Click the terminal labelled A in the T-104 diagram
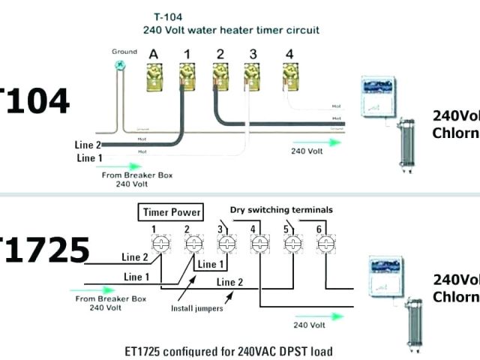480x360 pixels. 154,75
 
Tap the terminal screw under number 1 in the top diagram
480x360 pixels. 187,75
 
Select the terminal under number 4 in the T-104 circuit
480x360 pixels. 289,75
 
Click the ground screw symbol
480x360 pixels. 118,66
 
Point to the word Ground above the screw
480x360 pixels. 124,52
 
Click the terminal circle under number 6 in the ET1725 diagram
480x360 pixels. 325,244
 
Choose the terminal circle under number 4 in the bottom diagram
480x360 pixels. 259,244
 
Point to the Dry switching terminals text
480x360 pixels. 281,210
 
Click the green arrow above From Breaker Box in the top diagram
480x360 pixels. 123,166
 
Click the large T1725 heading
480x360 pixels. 44,250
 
